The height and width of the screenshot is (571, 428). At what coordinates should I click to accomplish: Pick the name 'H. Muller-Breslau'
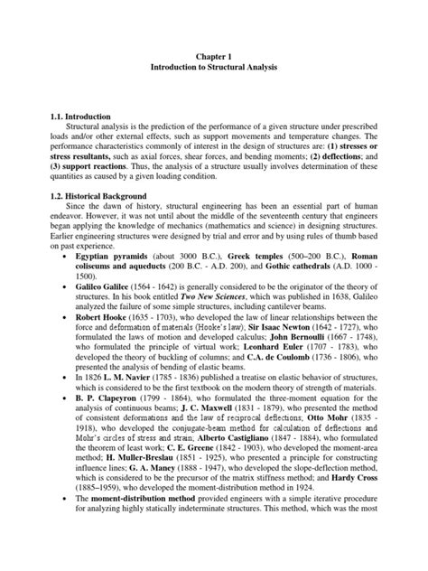pyautogui.click(x=134, y=497)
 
